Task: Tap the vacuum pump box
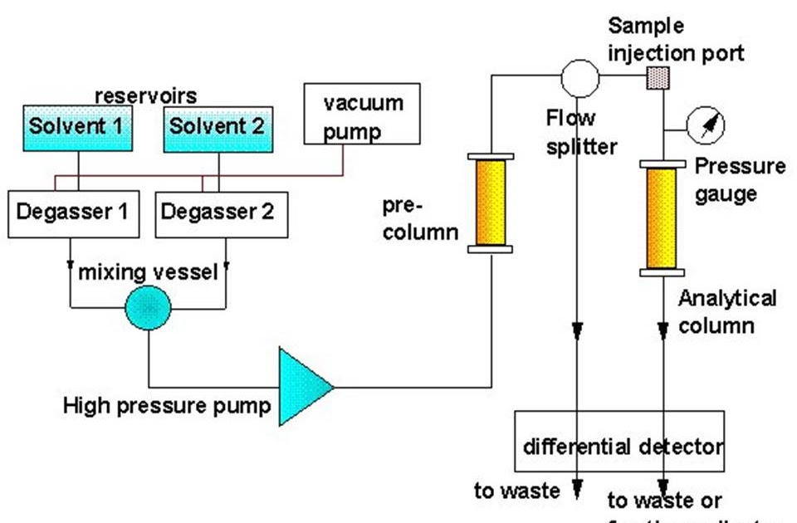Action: click(364, 117)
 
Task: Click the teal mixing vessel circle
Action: click(148, 308)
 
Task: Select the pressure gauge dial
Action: click(707, 125)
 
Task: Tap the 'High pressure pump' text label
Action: click(167, 406)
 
